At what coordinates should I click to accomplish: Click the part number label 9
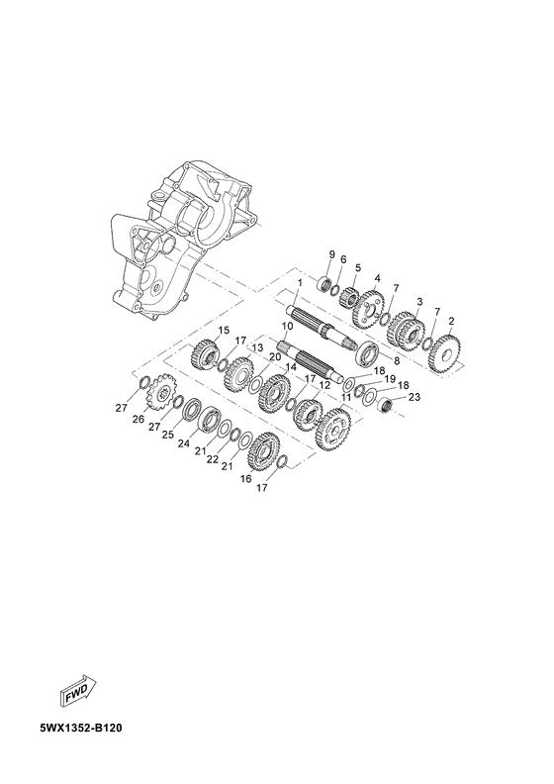[x=332, y=255]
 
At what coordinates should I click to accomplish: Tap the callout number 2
[x=452, y=322]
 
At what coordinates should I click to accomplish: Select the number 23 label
[x=415, y=397]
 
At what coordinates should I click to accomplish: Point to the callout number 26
[x=138, y=420]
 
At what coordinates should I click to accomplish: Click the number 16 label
[x=246, y=477]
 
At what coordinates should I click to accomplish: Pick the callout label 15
[x=224, y=330]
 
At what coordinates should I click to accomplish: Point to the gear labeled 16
[x=265, y=452]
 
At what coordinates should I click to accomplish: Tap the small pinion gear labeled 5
[x=350, y=296]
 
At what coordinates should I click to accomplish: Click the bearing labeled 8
[x=364, y=353]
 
